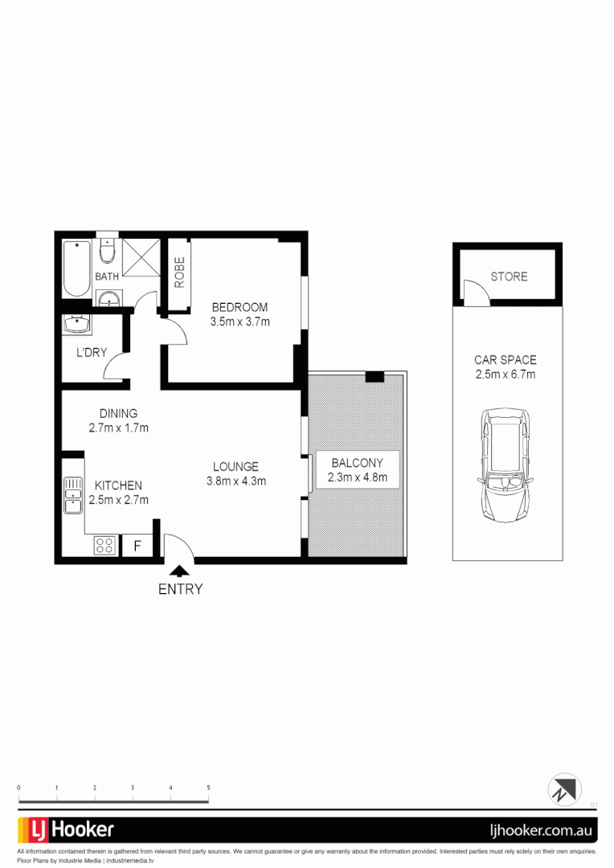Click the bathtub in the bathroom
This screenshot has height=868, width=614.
coord(77,270)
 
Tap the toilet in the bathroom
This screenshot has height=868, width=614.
coord(106,252)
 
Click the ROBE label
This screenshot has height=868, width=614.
coord(179,272)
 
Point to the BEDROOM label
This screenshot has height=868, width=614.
coord(239,307)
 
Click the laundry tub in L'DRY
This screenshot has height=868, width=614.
coord(77,325)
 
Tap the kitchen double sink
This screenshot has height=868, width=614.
coord(73,496)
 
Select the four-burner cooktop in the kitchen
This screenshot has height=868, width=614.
coord(104,545)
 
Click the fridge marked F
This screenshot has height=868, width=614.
coord(137,546)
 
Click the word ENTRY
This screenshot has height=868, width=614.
coord(181,589)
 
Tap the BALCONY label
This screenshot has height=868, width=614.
coord(357,462)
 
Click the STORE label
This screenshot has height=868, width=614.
coord(509,276)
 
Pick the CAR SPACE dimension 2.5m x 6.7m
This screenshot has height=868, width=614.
coord(506,375)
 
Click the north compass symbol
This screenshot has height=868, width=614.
coord(564,789)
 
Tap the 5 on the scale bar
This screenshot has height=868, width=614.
coord(208,788)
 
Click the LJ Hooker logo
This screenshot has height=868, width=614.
coord(66,829)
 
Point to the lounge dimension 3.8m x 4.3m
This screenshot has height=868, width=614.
coord(235,481)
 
